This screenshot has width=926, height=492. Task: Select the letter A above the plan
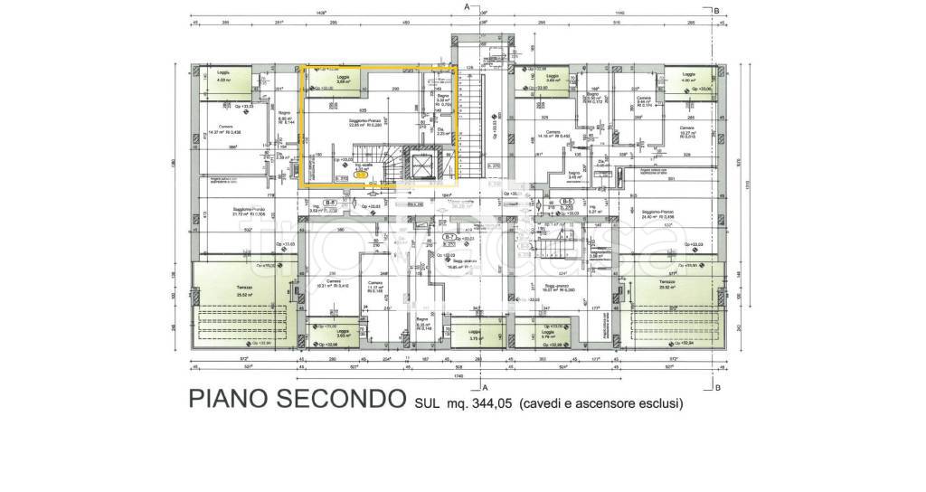click(x=467, y=7)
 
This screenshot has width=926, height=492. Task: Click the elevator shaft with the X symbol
click(x=420, y=168)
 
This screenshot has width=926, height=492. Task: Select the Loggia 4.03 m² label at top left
click(x=223, y=75)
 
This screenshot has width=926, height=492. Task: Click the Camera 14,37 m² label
click(x=224, y=129)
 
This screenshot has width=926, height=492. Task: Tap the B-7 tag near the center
click(x=449, y=236)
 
